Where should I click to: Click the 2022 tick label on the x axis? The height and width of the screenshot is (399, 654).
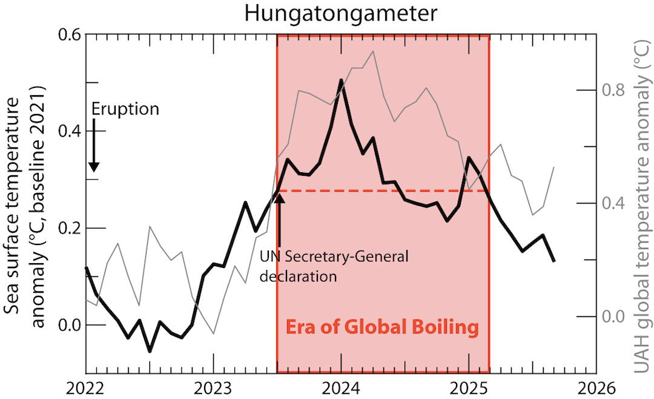[85, 387]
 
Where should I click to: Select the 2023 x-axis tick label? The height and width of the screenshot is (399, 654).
[213, 387]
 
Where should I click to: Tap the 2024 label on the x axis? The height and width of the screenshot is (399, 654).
[341, 387]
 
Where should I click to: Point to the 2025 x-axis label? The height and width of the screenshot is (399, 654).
[469, 387]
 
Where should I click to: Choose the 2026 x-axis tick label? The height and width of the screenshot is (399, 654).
[596, 387]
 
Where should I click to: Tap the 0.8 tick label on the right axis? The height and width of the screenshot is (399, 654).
[614, 90]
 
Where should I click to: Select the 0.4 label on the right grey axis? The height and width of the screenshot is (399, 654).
[614, 203]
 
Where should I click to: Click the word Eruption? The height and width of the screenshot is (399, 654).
[125, 109]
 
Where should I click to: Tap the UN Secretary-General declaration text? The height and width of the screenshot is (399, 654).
[333, 266]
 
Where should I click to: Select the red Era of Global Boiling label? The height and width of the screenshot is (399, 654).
[382, 328]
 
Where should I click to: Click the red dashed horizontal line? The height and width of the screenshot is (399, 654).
[388, 191]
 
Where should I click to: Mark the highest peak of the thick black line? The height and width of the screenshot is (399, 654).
[341, 80]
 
